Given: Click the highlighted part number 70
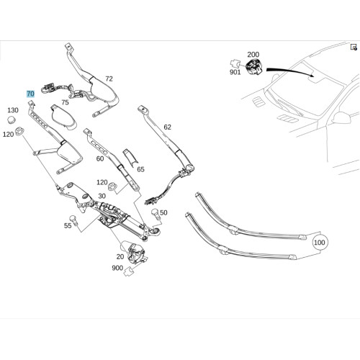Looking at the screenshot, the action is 30,94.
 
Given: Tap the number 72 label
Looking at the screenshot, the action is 109,78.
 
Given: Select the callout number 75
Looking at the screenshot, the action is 65,102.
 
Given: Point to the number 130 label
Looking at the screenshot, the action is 13,110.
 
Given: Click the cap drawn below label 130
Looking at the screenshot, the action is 11,120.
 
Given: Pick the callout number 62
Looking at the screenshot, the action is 168,127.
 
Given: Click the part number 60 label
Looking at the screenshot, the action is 100,158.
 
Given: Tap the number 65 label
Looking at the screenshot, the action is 140,169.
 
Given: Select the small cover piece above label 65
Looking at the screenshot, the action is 130,157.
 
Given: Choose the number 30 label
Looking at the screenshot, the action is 102,196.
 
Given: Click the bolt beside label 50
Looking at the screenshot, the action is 156,214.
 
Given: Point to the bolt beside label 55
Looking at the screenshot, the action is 73,220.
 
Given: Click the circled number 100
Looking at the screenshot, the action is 320,243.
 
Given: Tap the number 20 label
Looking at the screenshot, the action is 120,256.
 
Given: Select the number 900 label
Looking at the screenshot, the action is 117,268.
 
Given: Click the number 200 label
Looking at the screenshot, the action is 253,55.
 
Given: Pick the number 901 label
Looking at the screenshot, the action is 235,72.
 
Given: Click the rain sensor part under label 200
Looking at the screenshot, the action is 254,66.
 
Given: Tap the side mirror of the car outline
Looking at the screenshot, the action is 341,118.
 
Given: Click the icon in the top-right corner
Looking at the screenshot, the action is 354,47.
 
